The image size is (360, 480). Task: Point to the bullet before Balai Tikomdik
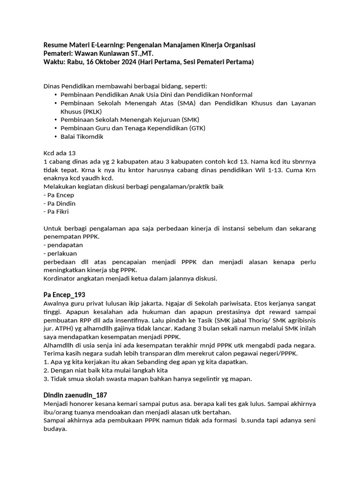pos(56,137)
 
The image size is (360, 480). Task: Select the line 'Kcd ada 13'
pos(59,153)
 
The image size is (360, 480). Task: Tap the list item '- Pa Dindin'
pos(60,203)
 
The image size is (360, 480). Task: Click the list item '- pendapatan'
pos(63,245)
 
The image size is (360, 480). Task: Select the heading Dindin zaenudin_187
pos(75,395)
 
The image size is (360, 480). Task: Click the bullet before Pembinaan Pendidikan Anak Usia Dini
pos(56,95)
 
